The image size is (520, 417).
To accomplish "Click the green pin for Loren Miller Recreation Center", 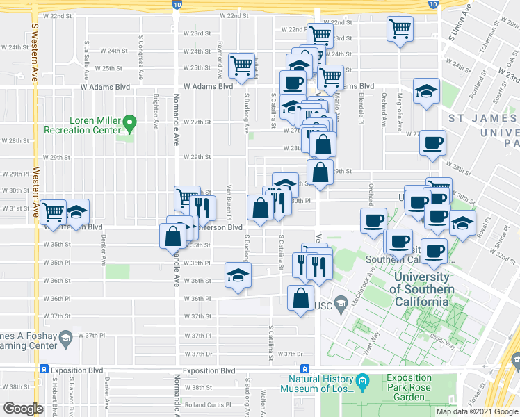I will point(129,124).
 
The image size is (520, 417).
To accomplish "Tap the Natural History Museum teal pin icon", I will point(362,382).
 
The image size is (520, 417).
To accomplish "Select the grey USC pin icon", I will point(341,304).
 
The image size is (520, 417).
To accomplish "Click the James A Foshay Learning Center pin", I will point(65,338).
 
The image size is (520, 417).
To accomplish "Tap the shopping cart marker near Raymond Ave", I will point(241,65).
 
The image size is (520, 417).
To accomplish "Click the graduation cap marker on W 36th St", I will point(237,276).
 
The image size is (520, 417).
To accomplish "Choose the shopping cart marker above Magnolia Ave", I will point(400,29).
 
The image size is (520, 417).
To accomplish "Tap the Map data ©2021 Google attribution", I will point(477,412).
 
